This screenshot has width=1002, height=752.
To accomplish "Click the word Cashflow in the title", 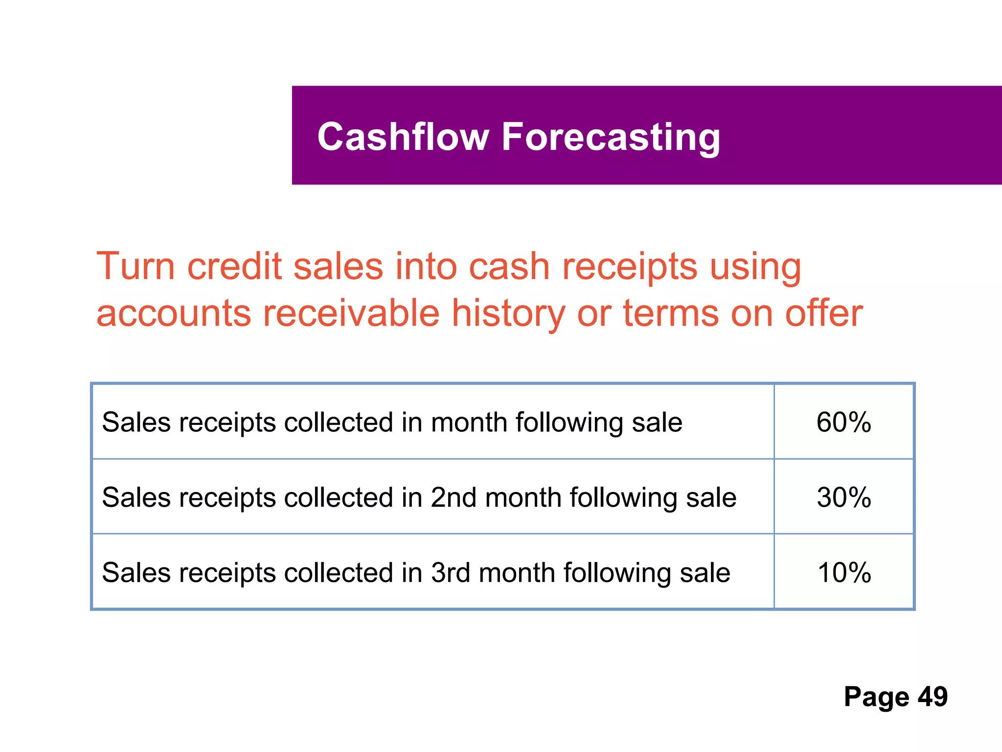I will coord(403,137).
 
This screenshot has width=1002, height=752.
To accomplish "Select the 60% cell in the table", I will coord(844,422).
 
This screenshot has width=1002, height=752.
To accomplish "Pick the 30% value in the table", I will coord(844,497).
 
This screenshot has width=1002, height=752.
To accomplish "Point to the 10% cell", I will coord(844,572).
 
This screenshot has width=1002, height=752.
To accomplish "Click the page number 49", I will coord(933,696).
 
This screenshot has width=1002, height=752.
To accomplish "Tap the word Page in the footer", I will coord(876,697).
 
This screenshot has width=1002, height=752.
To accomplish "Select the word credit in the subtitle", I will coord(235,266).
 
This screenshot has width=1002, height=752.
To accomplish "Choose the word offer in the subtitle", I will coord(824,313).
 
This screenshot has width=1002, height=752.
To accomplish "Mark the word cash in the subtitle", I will coord(509,266).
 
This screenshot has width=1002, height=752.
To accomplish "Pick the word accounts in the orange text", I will coord(174,314).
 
